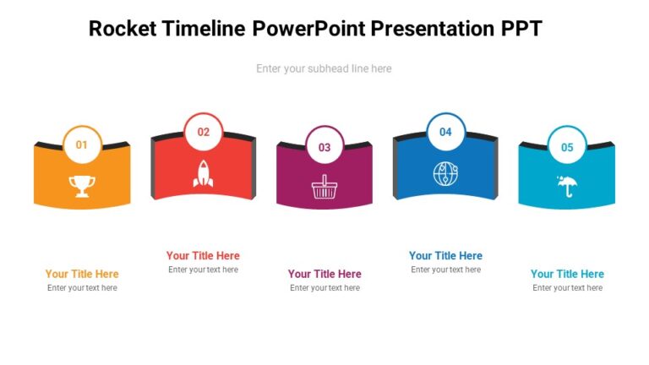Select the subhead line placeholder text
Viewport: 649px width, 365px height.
[324, 68]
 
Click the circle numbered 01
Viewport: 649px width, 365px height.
[82, 144]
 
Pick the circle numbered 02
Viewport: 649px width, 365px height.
[204, 132]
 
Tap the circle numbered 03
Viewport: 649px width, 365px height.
[324, 147]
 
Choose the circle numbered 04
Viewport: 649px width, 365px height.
[445, 132]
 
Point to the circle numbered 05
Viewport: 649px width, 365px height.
[567, 147]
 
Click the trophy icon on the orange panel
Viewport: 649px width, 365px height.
[82, 186]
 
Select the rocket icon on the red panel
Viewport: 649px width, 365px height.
[204, 173]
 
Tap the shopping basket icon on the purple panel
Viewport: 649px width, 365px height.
[324, 187]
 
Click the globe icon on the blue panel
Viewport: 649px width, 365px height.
[445, 174]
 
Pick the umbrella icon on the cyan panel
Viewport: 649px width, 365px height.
[567, 185]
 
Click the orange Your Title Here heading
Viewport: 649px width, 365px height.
[82, 274]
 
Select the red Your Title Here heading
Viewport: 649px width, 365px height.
[203, 256]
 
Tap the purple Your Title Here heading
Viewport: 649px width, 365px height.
[324, 274]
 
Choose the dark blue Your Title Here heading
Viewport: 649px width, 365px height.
[445, 256]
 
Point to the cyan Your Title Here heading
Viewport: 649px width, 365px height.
[567, 274]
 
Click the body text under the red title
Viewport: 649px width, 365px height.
[203, 270]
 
